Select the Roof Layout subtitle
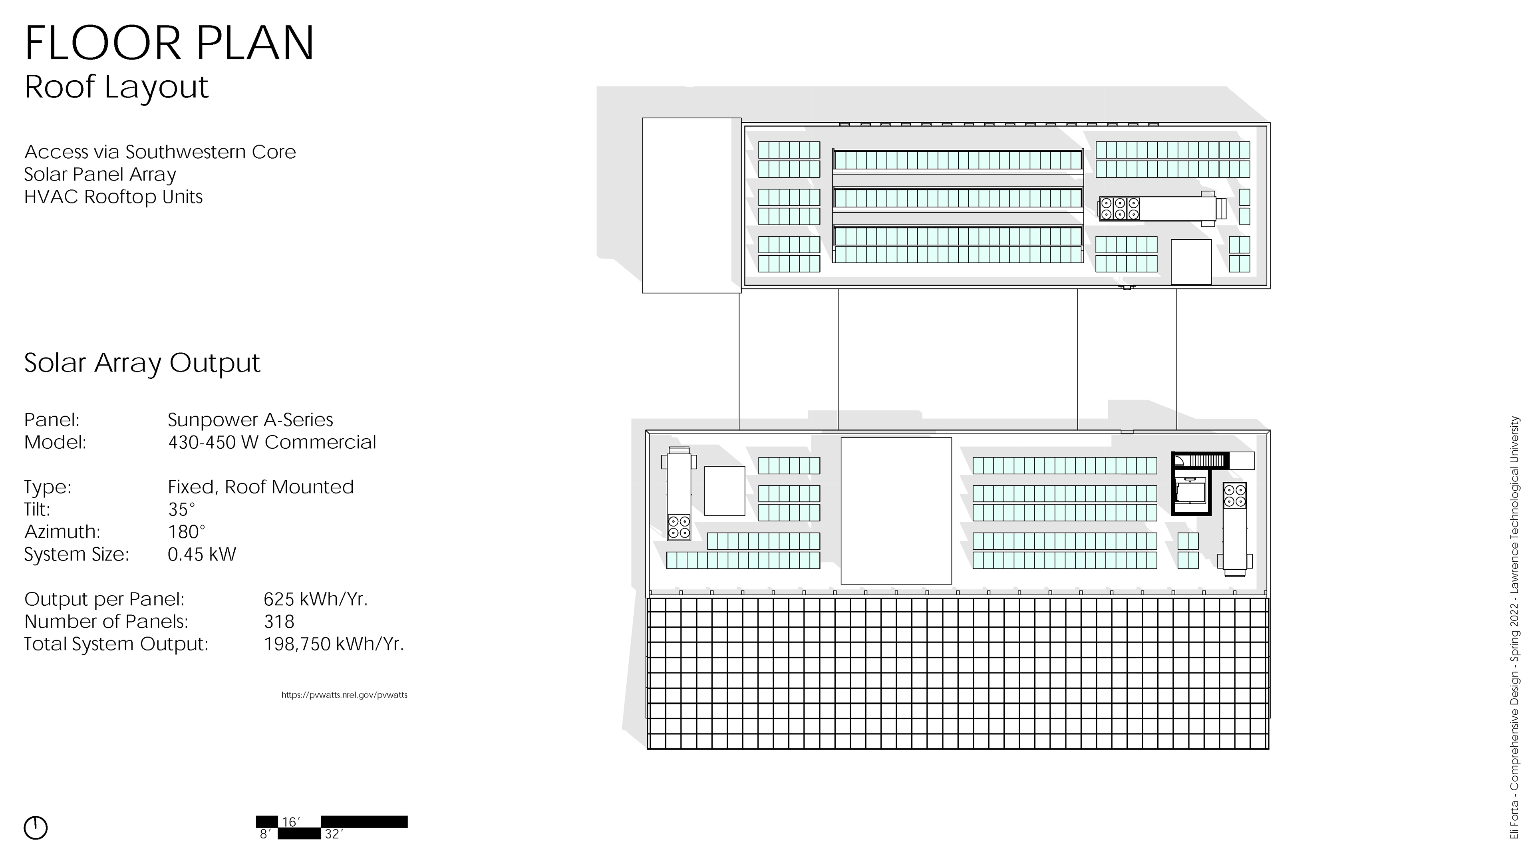(x=116, y=87)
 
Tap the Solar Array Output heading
(x=142, y=363)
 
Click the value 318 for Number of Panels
(x=279, y=622)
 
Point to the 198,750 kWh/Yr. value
(x=334, y=644)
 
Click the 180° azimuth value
(x=187, y=532)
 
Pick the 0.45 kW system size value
(x=202, y=555)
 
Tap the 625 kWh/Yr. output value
(x=316, y=599)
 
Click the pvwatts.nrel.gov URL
(x=344, y=695)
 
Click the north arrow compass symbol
(x=36, y=828)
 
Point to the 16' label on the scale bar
(x=290, y=822)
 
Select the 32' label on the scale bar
(x=334, y=834)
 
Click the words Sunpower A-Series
(x=250, y=420)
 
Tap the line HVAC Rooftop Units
(x=113, y=197)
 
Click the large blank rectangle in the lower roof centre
(x=896, y=511)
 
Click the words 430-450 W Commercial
(x=272, y=443)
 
